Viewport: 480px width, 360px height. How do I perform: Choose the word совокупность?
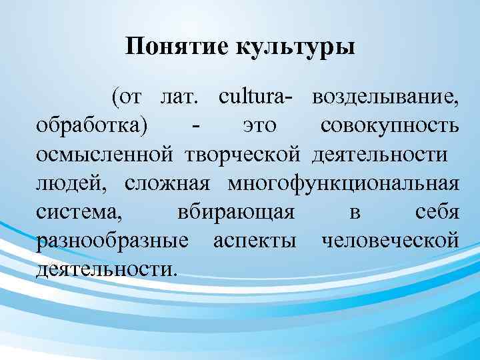point(389,126)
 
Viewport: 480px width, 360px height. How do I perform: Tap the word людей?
point(68,181)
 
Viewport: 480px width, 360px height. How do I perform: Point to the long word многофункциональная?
point(343,181)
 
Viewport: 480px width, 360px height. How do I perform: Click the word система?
point(79,211)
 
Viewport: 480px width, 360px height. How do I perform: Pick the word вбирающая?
point(236,211)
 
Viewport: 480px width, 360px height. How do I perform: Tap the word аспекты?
point(254,239)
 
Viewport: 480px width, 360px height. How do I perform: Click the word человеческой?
point(389,239)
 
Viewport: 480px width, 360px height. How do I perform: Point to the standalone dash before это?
point(193,126)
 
